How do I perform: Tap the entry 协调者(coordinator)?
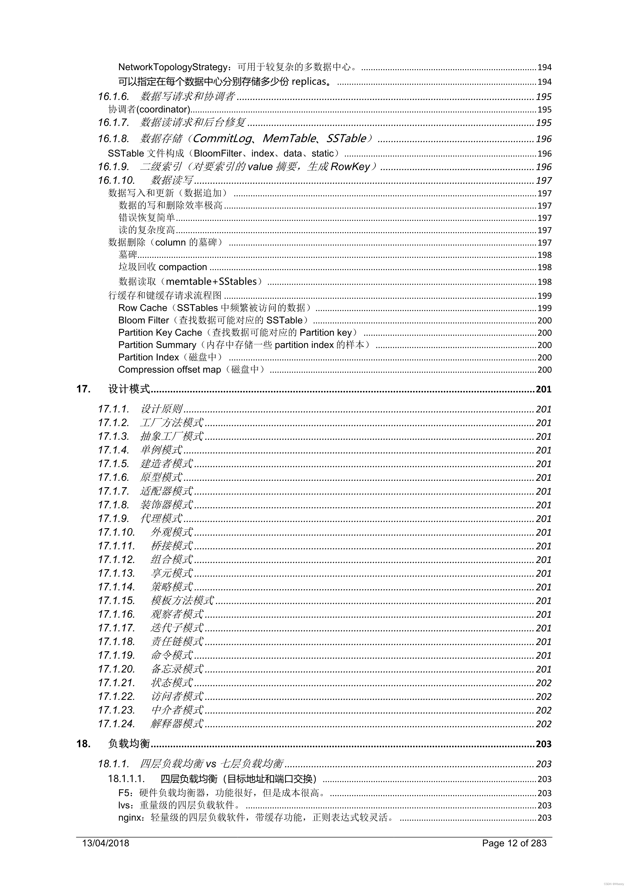point(149,109)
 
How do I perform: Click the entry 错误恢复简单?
point(147,218)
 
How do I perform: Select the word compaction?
point(183,267)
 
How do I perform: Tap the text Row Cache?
point(143,308)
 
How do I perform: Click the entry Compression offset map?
point(169,369)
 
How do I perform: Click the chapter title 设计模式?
point(129,389)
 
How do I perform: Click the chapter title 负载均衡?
point(129,743)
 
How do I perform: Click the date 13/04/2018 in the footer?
point(106,843)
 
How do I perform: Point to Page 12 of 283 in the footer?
point(514,843)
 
